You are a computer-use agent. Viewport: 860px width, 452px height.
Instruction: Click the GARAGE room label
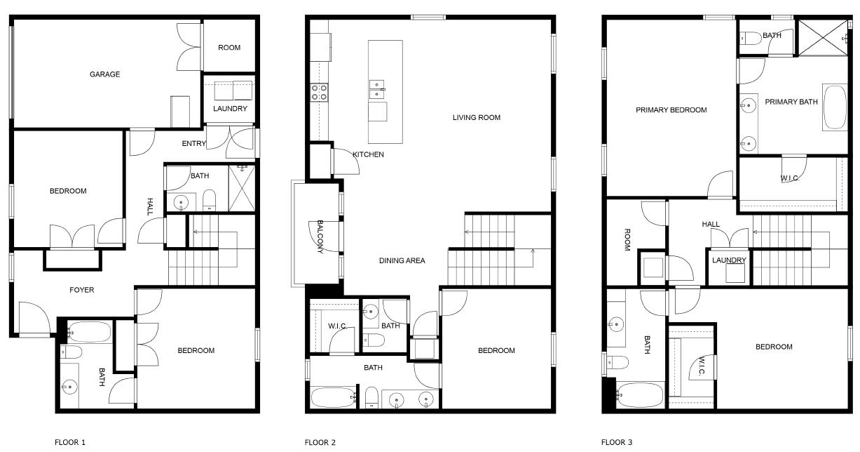coord(104,74)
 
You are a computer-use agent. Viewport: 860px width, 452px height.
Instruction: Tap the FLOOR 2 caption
coord(320,442)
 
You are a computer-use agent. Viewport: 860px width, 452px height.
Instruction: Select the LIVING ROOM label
coord(477,118)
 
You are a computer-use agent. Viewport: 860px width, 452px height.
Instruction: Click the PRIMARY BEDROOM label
coord(671,110)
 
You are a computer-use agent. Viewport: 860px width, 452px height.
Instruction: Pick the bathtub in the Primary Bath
coord(834,107)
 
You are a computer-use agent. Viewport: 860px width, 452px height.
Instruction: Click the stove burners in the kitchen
coord(320,92)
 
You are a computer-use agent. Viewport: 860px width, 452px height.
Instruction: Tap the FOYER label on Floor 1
coord(81,290)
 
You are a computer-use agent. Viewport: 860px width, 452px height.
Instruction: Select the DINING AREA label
coord(402,261)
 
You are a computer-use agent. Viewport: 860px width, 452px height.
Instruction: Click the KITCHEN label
coord(368,154)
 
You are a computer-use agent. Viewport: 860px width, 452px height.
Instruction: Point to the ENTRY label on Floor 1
coord(194,144)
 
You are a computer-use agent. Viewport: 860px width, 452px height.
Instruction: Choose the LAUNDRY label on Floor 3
coord(729,260)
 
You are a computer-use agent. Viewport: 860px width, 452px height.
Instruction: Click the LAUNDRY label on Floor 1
coord(230,109)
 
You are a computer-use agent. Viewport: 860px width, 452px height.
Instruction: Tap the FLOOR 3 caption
coord(617,442)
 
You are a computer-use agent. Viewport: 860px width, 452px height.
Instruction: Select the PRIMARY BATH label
coord(791,102)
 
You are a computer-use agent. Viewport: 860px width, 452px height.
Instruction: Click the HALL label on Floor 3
coord(711,225)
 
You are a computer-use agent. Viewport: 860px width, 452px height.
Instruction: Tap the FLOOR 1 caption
coord(70,442)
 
